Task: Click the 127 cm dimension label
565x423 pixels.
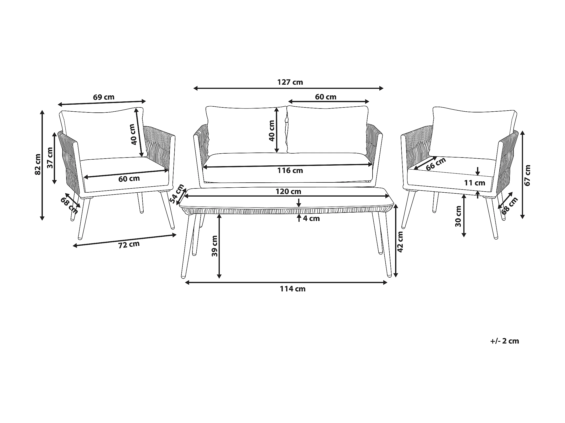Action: [x=290, y=82]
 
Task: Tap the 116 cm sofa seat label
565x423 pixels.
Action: [x=290, y=171]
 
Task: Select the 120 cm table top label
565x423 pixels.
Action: [x=288, y=192]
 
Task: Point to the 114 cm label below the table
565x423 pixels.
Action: [x=292, y=289]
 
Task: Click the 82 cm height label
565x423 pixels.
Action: [x=38, y=164]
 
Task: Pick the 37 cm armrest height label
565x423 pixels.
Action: [x=50, y=158]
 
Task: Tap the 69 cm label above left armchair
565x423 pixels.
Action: [x=104, y=97]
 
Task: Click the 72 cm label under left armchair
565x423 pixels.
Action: [x=129, y=245]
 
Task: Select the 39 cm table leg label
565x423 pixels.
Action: [x=215, y=246]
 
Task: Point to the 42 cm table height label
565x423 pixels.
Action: [x=400, y=241]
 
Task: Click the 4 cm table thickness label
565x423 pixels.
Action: [x=311, y=218]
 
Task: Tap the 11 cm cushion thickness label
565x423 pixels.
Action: [x=475, y=183]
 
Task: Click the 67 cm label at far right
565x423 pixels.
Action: [x=527, y=175]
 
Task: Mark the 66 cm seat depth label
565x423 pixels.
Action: [x=436, y=164]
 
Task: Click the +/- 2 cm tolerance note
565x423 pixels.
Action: [x=504, y=341]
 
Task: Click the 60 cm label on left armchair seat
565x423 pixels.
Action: [x=129, y=179]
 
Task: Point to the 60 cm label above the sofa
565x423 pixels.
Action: [x=326, y=97]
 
